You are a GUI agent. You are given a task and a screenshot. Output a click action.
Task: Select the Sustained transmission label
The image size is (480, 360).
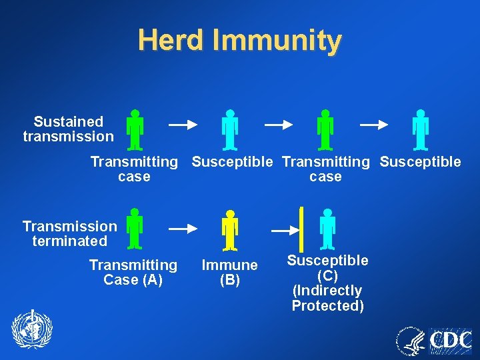(x=68, y=129)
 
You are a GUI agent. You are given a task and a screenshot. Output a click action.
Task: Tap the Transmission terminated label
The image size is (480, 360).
(x=69, y=233)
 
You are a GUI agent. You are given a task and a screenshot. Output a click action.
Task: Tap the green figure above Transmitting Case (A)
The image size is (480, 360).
(x=135, y=229)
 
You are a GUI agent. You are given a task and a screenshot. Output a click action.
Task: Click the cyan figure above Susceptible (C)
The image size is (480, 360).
(x=327, y=229)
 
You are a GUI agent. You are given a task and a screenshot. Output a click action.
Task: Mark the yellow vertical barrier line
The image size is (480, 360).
(x=301, y=229)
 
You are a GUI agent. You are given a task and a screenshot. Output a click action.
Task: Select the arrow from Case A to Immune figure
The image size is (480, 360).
(x=183, y=229)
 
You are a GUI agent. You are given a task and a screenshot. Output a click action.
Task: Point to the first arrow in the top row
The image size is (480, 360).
(x=183, y=124)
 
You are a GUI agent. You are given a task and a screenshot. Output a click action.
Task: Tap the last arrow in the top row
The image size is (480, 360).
(x=373, y=124)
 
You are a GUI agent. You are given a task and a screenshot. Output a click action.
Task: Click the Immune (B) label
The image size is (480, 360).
(x=229, y=273)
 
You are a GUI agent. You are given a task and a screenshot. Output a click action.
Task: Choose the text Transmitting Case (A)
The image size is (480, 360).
(x=133, y=273)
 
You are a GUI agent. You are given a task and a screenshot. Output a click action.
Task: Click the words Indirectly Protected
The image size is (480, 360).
(x=327, y=298)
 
